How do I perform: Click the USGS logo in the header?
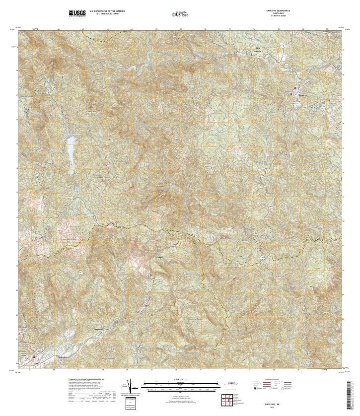pos(78,12)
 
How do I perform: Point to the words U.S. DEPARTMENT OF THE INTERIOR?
pos(107,10)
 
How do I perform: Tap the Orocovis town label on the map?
pos(303,95)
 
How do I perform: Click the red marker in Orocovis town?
pos(296,89)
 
